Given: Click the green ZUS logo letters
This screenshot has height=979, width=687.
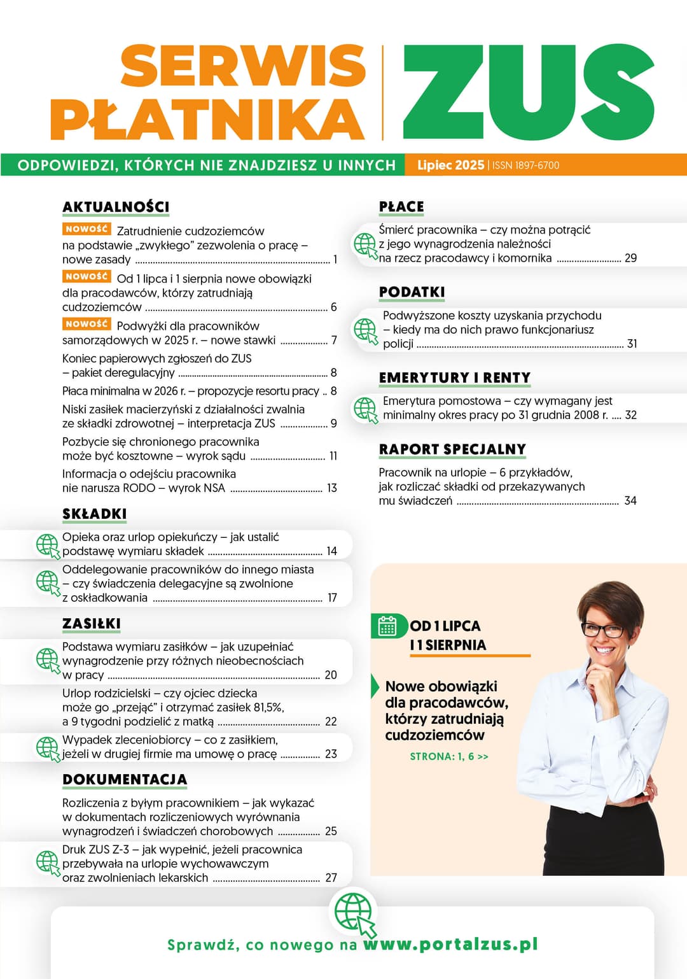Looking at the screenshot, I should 528,93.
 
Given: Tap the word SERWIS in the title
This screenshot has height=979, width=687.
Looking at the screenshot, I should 243,66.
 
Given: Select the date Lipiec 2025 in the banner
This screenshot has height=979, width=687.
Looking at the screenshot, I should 450,166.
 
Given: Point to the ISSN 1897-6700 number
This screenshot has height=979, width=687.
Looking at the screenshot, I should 526,166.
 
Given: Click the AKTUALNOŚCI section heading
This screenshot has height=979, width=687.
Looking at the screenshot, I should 116,207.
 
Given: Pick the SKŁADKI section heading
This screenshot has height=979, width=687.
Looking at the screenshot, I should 94,514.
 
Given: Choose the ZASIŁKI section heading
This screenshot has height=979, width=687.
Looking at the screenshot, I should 92,624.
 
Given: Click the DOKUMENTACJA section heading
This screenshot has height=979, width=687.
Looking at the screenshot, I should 125,780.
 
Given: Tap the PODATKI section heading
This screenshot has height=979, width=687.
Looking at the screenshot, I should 412,292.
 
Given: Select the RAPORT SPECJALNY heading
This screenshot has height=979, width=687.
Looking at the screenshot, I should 452,449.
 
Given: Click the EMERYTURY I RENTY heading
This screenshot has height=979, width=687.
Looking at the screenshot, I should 454,378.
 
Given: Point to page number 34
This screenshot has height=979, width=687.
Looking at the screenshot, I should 630,501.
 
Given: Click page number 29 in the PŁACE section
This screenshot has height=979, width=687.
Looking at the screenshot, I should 630,258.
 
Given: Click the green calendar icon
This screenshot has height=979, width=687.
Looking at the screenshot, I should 387,626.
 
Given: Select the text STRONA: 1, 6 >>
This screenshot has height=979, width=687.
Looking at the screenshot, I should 449,757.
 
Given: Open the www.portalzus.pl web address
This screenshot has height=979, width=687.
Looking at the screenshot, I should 450,944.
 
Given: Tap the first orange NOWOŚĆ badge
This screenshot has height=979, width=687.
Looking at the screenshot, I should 87,229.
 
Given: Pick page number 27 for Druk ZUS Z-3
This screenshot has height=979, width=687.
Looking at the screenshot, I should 331,878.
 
